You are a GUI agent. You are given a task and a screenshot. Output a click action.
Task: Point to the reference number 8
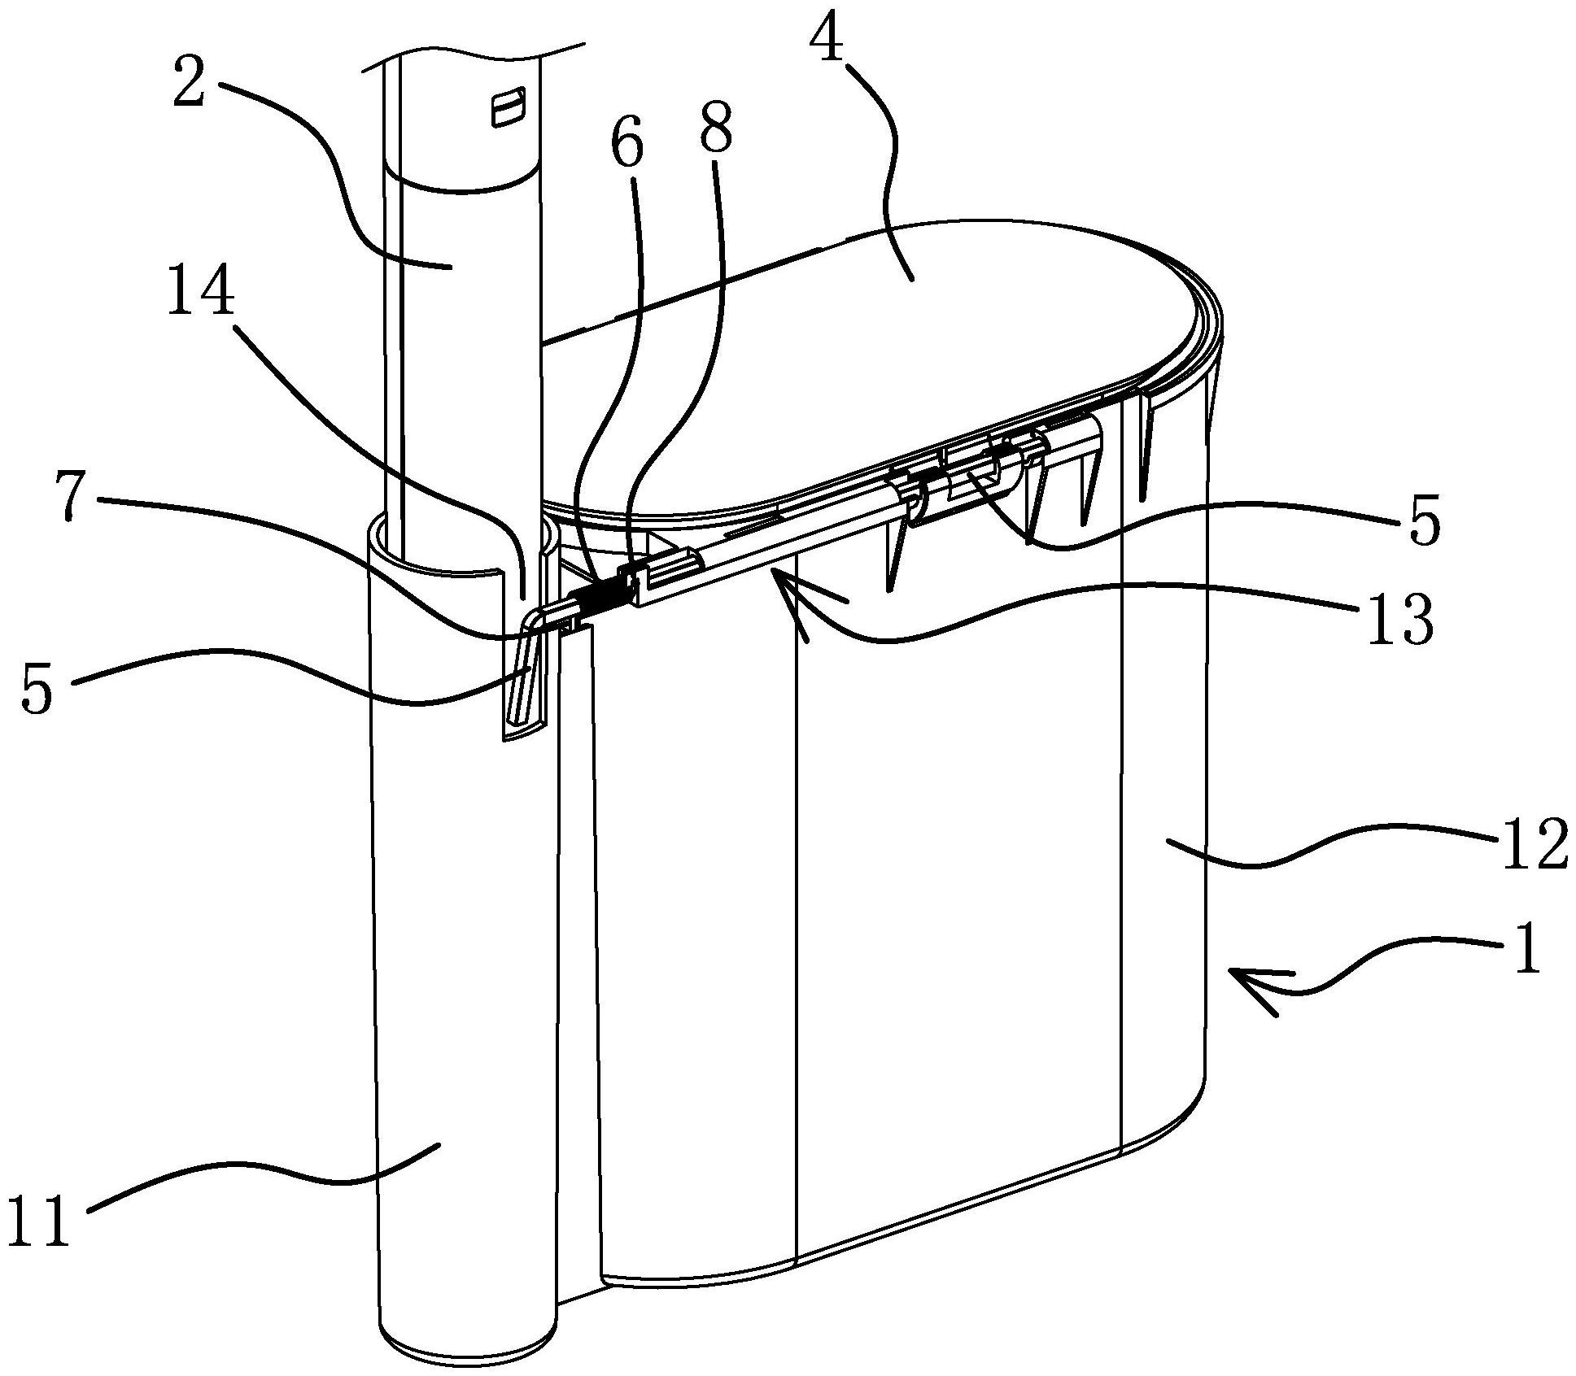pyautogui.click(x=715, y=124)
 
